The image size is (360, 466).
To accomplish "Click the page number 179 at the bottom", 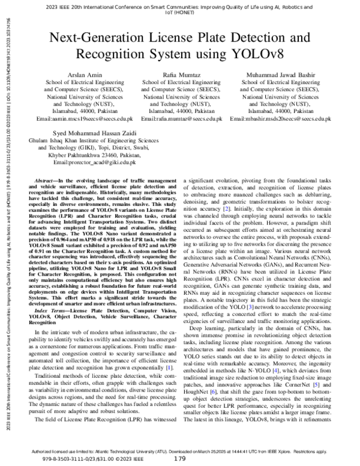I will click(x=180, y=459).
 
